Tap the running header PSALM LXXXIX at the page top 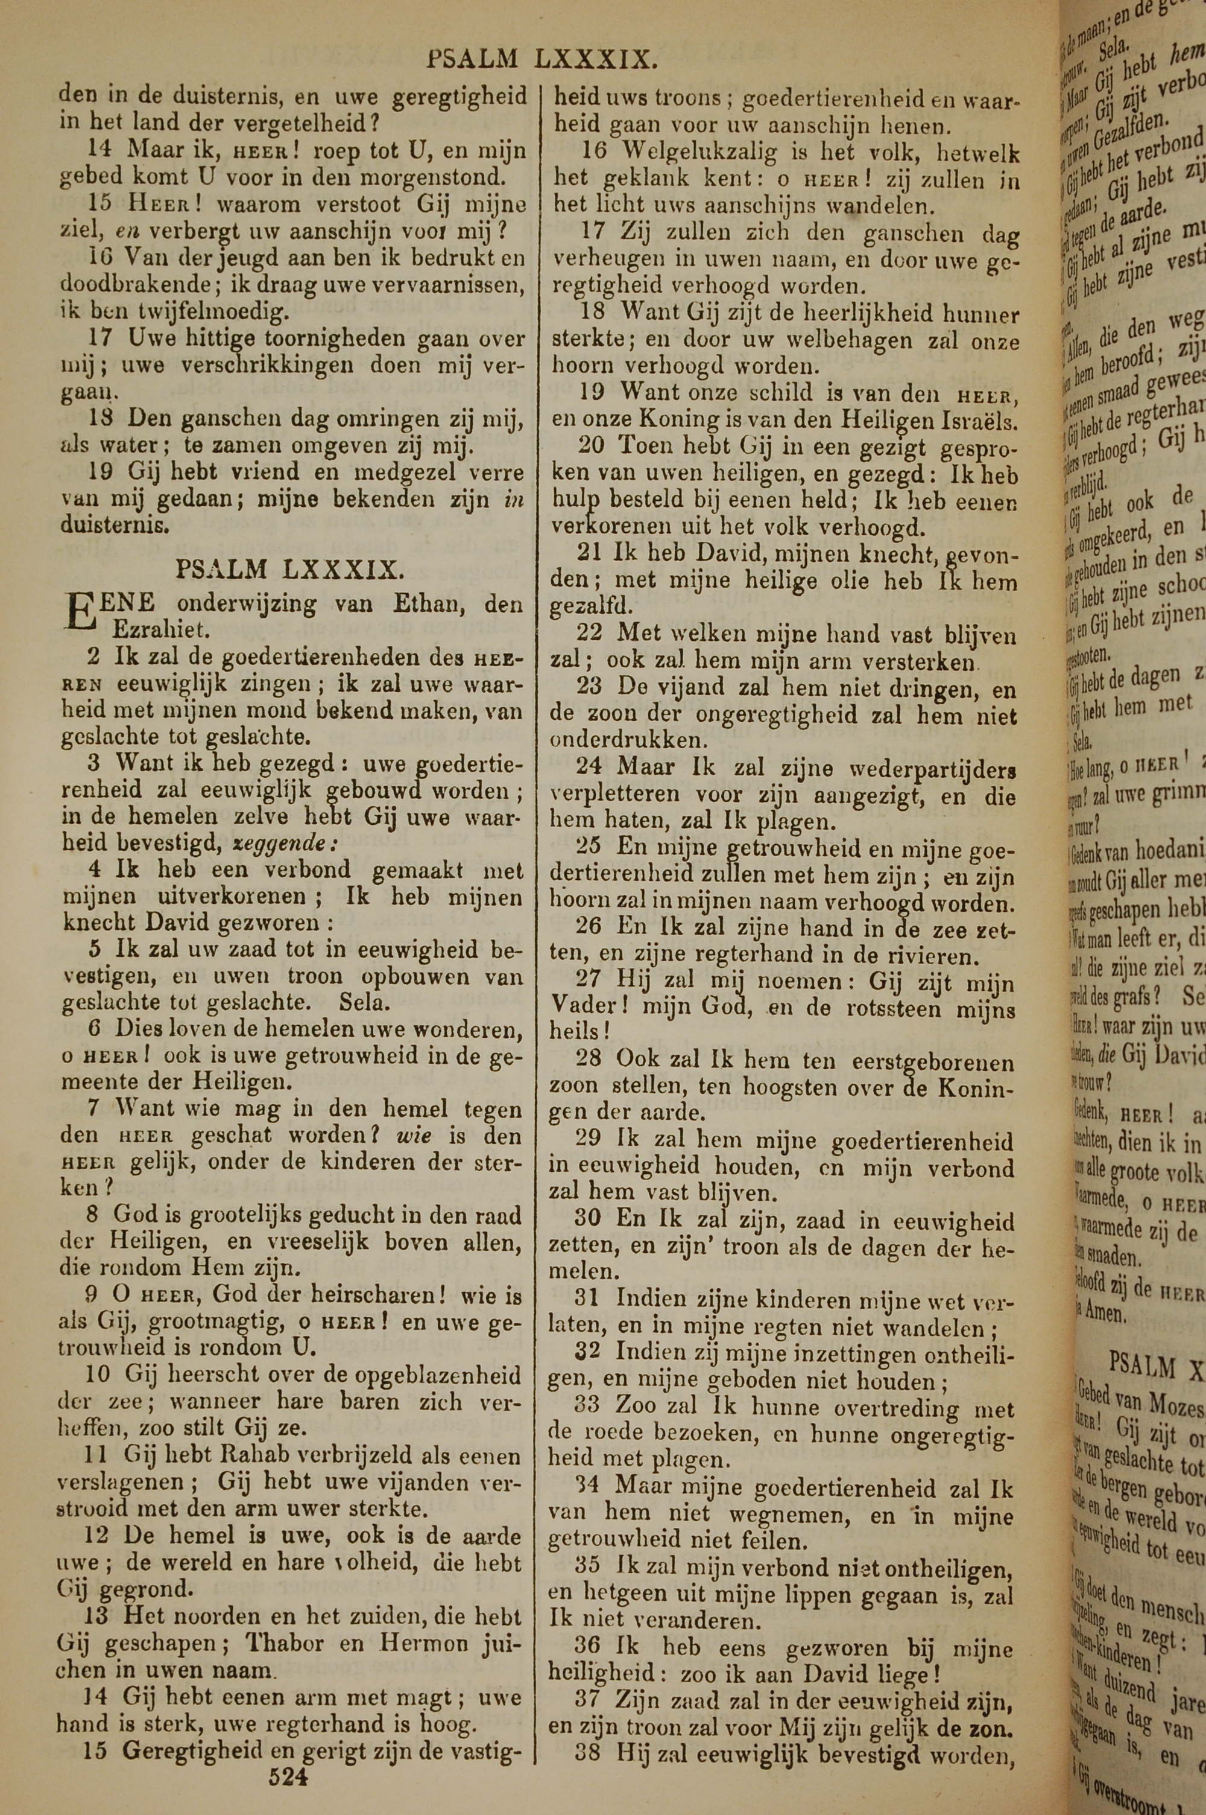(x=541, y=59)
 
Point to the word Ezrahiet (x=160, y=631)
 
